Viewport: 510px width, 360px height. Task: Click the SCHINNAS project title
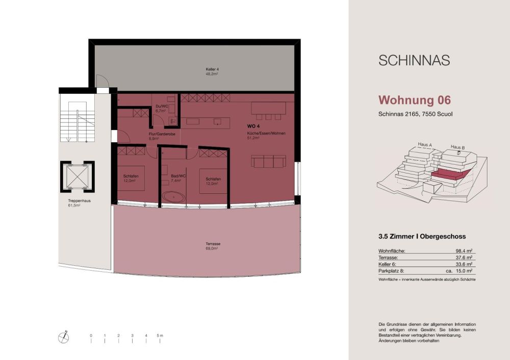(x=414, y=60)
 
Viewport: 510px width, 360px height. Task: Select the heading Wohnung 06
(x=415, y=99)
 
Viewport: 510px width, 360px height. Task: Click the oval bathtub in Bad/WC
(x=174, y=196)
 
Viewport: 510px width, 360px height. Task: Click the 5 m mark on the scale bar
(x=160, y=336)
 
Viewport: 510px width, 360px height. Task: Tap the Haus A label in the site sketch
(x=425, y=145)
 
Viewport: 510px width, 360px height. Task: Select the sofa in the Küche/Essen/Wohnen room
(x=267, y=162)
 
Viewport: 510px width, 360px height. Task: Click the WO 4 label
(x=253, y=126)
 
